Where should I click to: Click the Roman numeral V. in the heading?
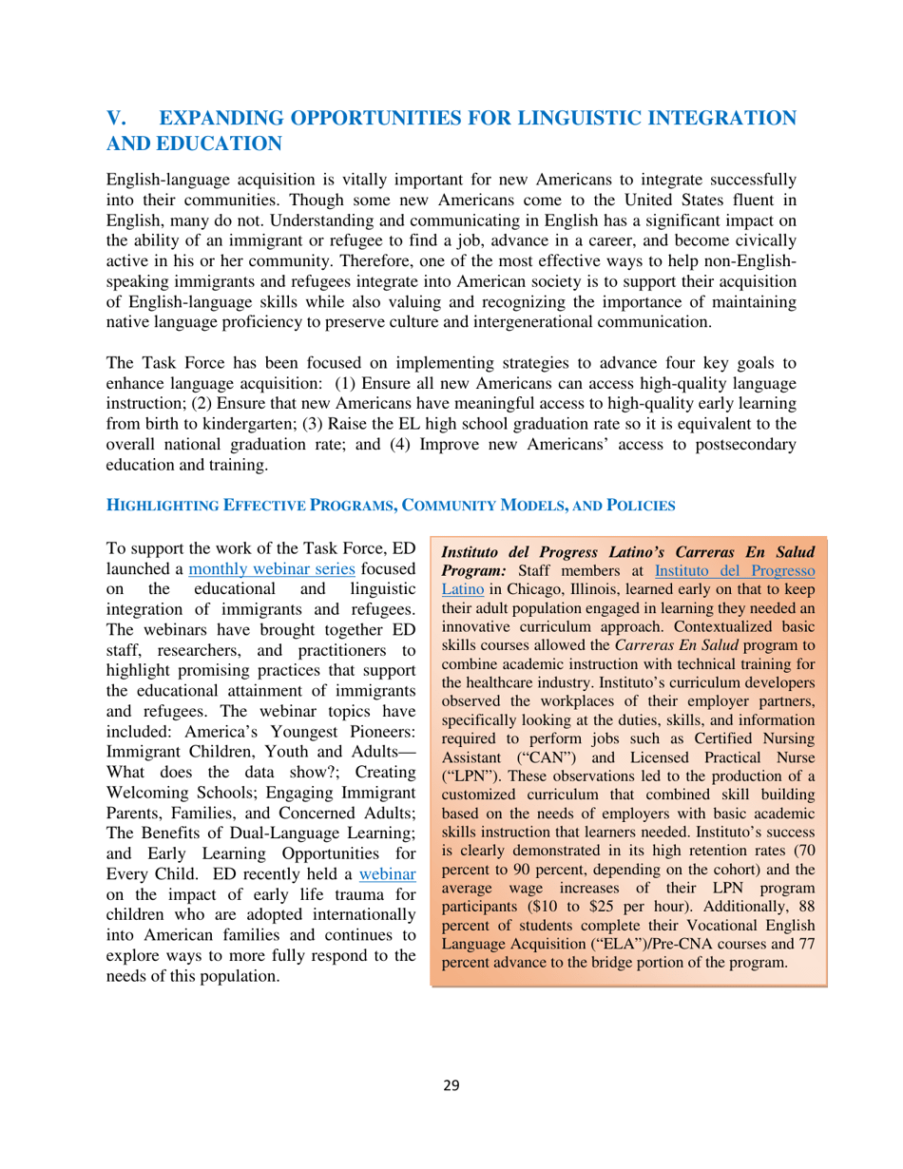tap(116, 119)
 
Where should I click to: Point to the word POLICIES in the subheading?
tap(639, 508)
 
